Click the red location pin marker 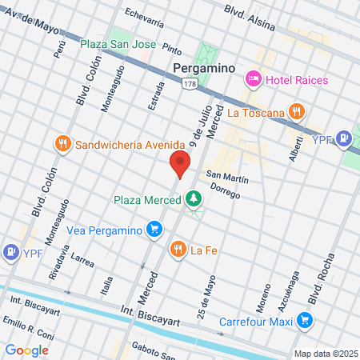point(180,166)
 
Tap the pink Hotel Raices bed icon point(253,78)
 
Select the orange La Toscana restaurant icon point(296,112)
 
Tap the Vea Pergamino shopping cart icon point(154,230)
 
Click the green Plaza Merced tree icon point(193,199)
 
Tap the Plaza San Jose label point(118,43)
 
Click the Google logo point(27,350)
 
